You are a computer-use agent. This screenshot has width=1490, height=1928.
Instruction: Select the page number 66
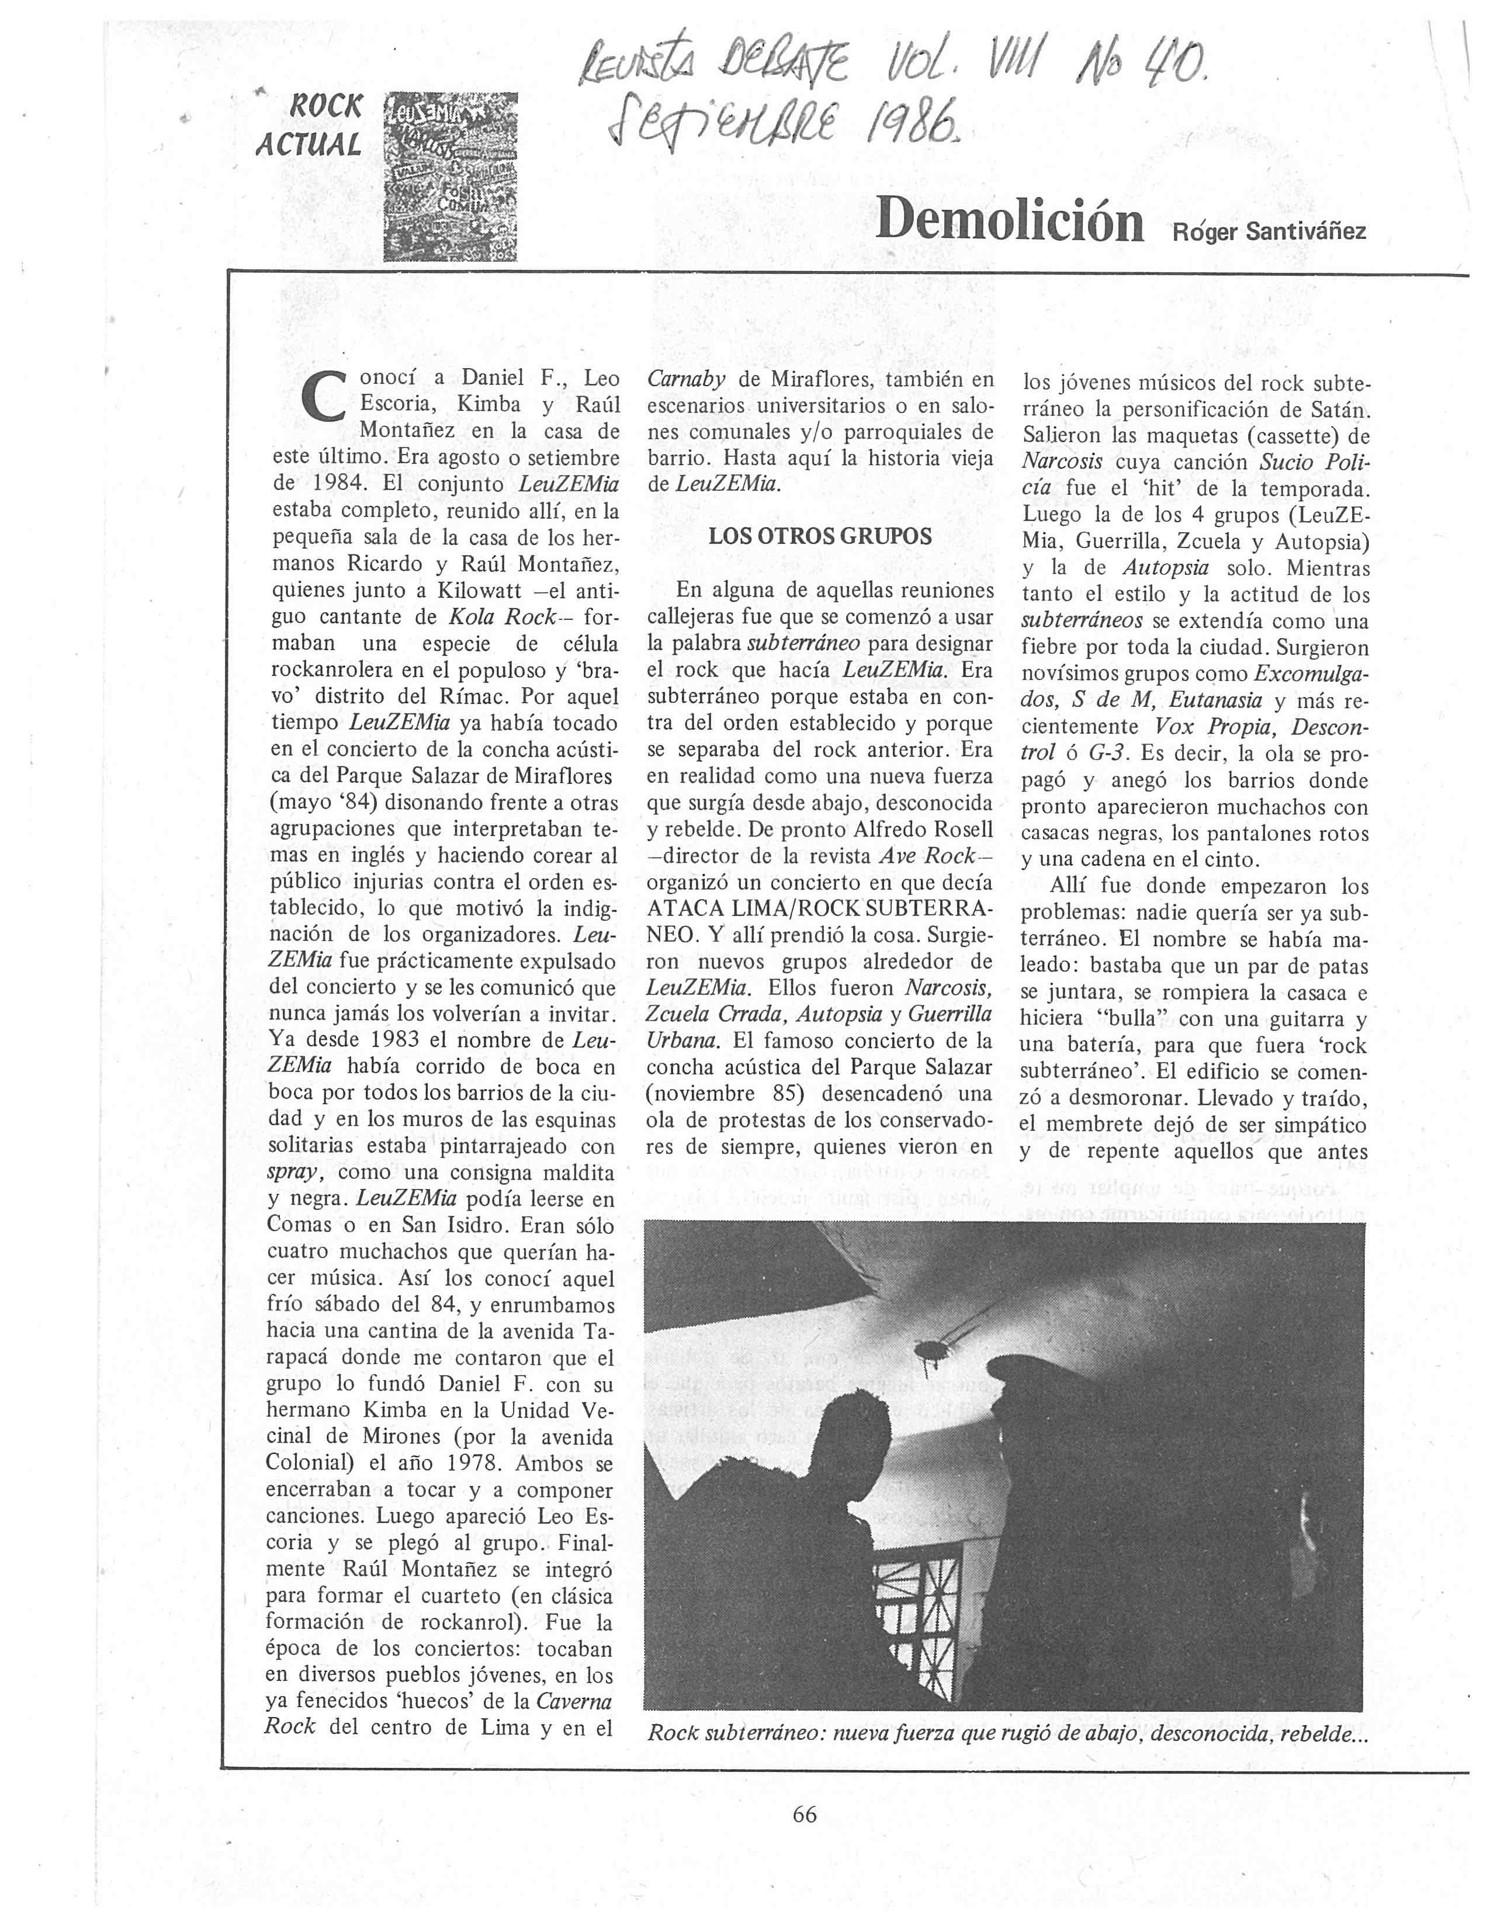click(804, 1814)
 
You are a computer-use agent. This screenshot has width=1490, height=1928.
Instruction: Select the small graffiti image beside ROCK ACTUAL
click(449, 176)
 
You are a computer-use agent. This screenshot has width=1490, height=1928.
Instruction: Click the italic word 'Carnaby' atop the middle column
click(687, 380)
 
